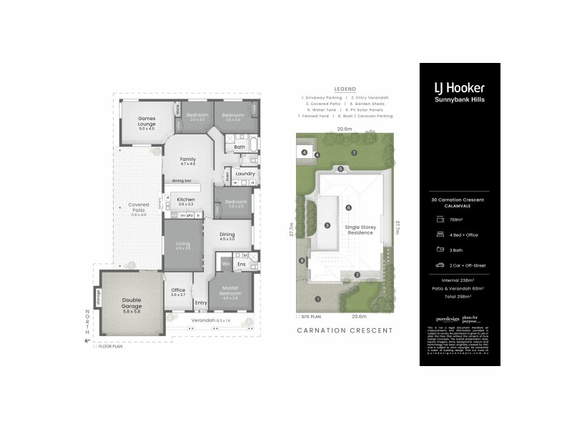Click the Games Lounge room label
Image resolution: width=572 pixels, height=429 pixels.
pos(146,121)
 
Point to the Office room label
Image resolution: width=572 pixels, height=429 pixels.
pos(178,291)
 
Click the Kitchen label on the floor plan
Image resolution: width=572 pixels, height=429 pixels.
pos(186,201)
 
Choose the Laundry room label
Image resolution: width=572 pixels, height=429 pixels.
pos(245,173)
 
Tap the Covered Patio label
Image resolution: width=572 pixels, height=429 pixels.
pos(138,207)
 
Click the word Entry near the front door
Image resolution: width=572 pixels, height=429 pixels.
pos(200,303)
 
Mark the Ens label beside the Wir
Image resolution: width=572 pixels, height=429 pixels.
pos(242,265)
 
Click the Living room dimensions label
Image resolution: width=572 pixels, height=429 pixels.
pos(183,248)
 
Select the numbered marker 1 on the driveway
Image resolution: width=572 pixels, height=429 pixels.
pos(318,299)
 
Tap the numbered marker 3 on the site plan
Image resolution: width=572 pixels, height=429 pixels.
pos(327,225)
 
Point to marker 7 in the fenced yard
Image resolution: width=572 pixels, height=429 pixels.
pos(353,153)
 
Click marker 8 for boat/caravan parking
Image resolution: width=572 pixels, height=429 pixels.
pos(303,260)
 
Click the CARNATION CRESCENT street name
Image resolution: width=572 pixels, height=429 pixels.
pos(345,330)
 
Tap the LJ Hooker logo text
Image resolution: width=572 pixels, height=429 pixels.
pos(459,88)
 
